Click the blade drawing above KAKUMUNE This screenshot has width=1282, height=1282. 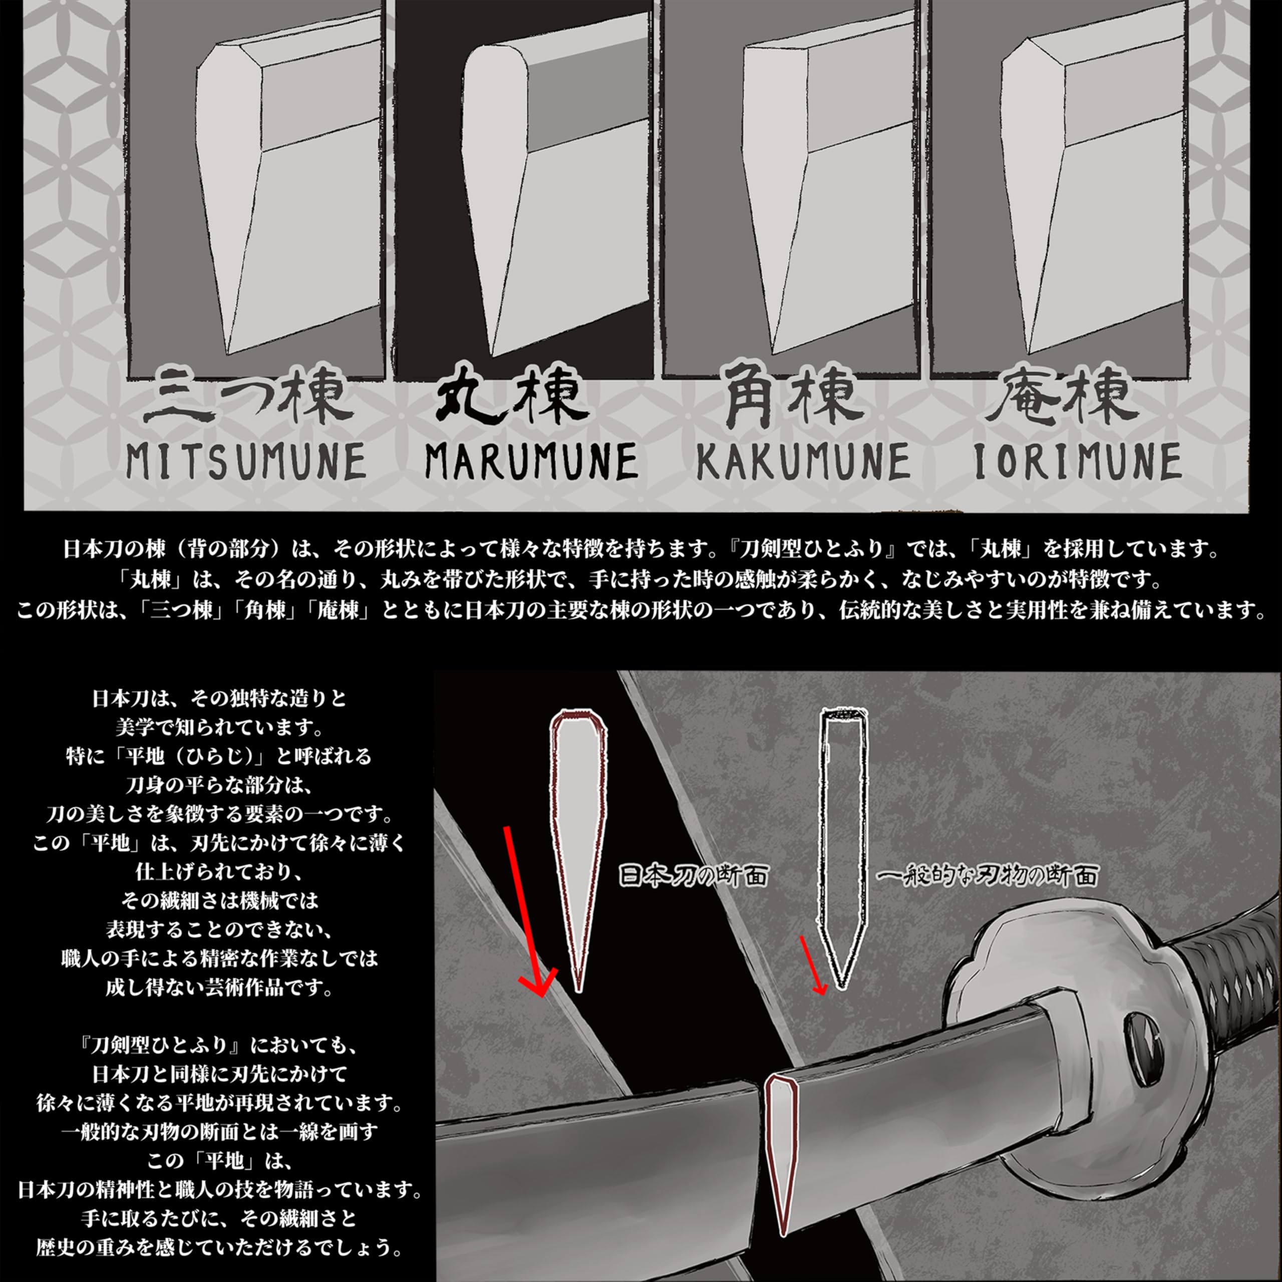click(x=796, y=199)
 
